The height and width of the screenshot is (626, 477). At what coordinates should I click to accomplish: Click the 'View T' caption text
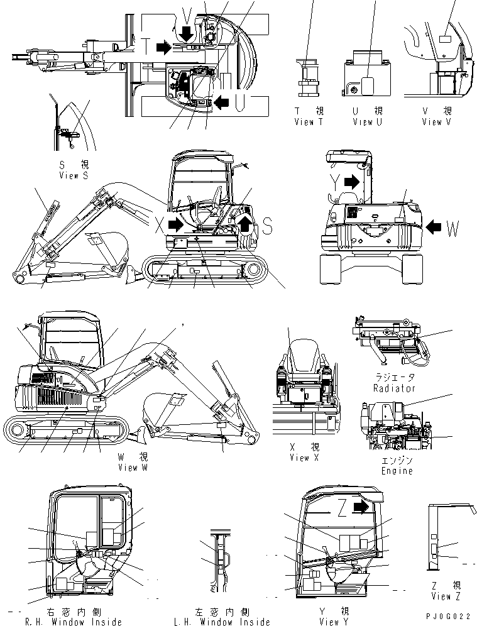[308, 122]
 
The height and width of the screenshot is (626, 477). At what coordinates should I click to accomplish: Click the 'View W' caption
[133, 467]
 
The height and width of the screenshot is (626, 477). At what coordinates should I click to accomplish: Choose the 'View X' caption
[304, 458]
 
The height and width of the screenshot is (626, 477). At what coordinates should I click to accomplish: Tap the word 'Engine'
[397, 471]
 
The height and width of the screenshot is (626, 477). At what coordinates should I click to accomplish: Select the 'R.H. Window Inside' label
[74, 622]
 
